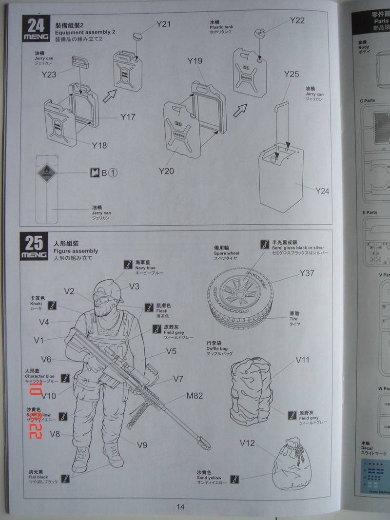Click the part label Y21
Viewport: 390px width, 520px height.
[163, 24]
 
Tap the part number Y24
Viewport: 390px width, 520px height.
[322, 191]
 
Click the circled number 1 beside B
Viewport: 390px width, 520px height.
[113, 173]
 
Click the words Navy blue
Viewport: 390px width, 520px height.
[145, 268]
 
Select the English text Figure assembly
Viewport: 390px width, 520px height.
[75, 251]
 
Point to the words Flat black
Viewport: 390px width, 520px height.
[38, 477]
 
